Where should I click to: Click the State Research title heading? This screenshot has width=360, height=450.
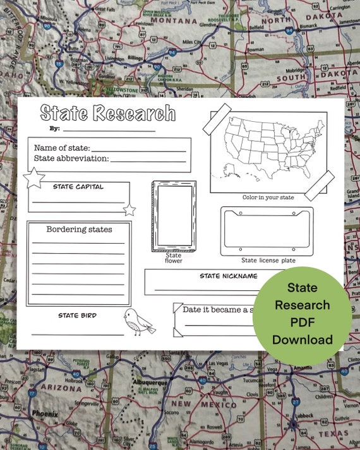[x=107, y=113]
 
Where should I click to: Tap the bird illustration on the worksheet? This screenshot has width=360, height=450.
[x=138, y=322]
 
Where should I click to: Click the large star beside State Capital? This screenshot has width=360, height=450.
[x=33, y=179]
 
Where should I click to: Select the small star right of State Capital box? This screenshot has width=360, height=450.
[x=129, y=210]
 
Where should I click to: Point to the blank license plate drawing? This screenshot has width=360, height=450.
[x=267, y=231]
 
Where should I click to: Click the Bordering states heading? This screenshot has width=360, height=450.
[x=79, y=229]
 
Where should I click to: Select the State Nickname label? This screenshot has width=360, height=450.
[x=229, y=276]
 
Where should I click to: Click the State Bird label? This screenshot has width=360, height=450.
[x=77, y=315]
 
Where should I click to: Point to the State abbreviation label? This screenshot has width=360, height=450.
[x=71, y=158]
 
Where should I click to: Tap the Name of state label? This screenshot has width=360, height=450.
[x=62, y=147]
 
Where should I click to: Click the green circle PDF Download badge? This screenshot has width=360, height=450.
[x=302, y=314]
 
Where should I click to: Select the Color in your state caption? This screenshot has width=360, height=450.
[x=268, y=198]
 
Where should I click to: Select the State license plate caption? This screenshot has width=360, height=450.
[x=268, y=260]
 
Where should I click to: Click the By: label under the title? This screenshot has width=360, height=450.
[x=54, y=128]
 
